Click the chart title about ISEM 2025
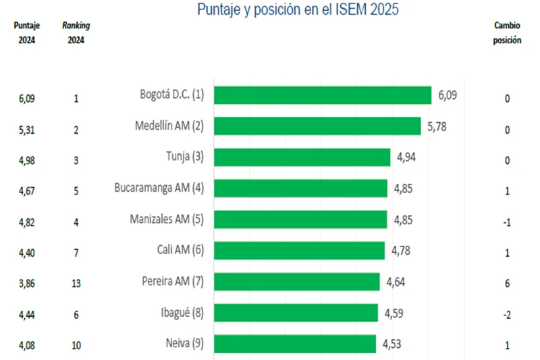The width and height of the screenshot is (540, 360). (x=298, y=9)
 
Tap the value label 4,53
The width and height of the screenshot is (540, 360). (x=392, y=344)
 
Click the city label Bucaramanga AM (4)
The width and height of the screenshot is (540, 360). (x=159, y=188)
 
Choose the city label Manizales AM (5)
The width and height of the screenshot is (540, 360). (x=166, y=219)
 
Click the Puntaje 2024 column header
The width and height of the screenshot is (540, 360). (x=27, y=32)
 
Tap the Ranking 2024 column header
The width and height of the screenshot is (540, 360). (x=76, y=32)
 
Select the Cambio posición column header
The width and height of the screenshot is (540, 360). (x=507, y=32)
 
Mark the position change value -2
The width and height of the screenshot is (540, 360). (x=507, y=313)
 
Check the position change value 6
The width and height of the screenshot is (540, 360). (x=507, y=282)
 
